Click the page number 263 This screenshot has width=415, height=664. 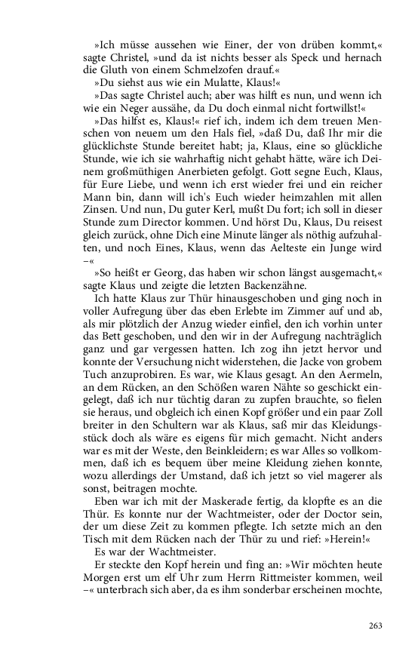376,626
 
